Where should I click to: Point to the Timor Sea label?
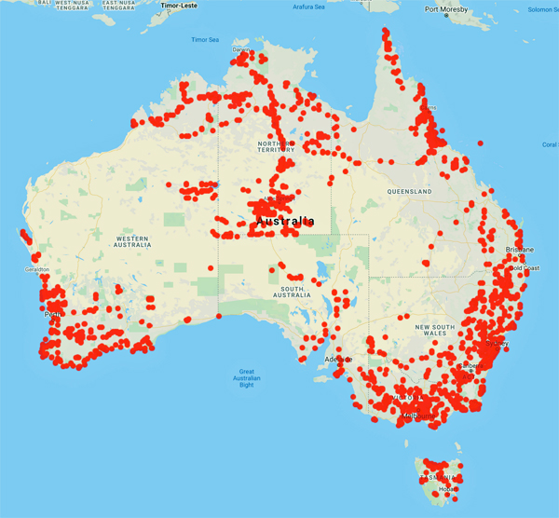coord(205,40)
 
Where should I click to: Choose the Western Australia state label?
coord(131,242)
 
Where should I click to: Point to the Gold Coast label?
coord(525,268)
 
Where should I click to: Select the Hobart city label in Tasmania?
coord(446,488)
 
